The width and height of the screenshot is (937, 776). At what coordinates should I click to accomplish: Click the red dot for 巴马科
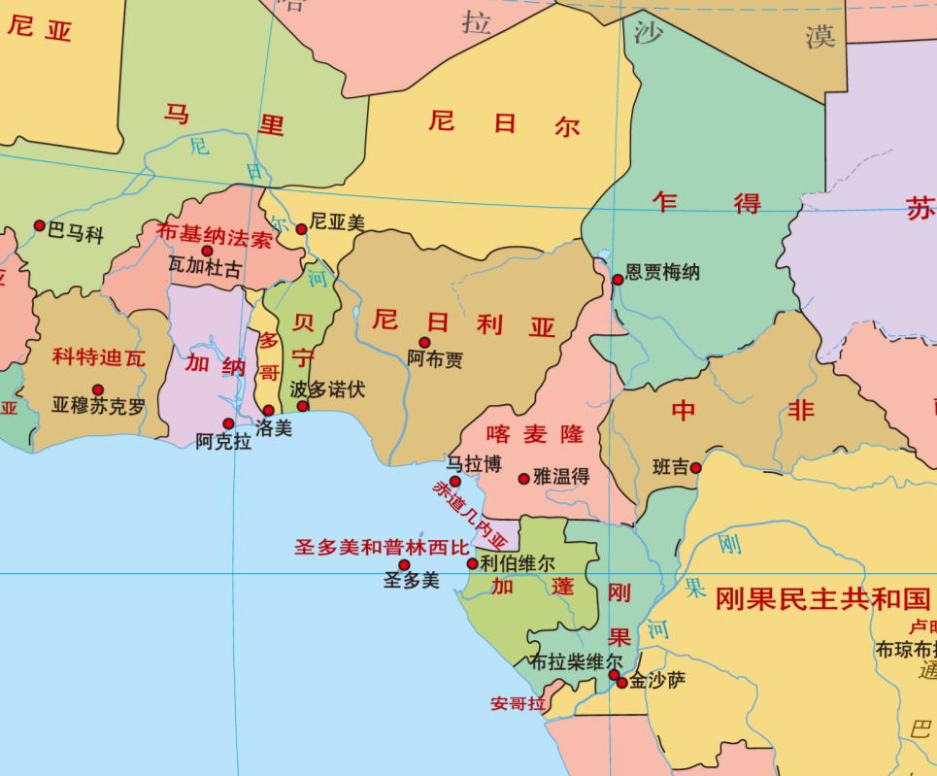[40, 225]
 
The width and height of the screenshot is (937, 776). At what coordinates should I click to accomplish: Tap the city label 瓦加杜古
[204, 268]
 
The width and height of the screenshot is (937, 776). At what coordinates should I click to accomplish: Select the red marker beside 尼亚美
[302, 229]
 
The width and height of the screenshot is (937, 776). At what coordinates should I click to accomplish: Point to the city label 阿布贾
[435, 359]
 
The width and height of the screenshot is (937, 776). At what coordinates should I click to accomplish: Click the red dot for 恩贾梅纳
[618, 280]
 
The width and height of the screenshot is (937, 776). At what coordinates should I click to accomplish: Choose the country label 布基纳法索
[215, 235]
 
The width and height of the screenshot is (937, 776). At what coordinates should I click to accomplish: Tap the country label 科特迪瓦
[99, 357]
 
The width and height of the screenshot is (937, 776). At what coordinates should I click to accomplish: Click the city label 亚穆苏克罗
[98, 406]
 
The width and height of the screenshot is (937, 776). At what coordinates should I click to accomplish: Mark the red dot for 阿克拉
[228, 423]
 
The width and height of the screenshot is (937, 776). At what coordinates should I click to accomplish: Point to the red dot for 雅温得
[524, 478]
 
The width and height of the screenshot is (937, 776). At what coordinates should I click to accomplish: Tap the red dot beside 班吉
[696, 468]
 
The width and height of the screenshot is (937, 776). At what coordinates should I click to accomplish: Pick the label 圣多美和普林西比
[382, 547]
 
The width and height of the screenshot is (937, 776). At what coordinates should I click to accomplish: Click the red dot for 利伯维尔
[473, 563]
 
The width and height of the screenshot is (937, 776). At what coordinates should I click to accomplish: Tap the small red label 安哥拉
[519, 703]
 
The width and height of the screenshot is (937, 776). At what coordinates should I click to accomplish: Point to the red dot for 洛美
[269, 410]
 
